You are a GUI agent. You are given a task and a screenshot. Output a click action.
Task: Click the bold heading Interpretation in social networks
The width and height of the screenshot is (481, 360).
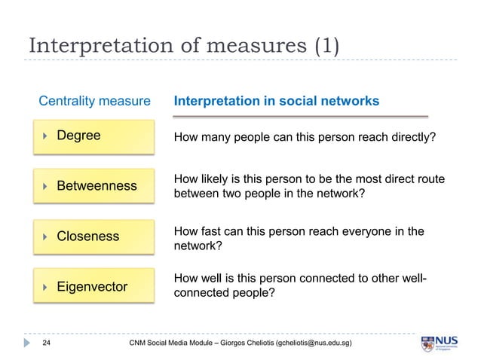[276, 101]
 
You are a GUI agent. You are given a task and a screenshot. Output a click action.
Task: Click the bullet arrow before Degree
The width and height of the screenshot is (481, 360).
[45, 137]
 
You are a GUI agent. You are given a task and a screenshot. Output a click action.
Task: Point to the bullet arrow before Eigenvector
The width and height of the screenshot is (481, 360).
[45, 287]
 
